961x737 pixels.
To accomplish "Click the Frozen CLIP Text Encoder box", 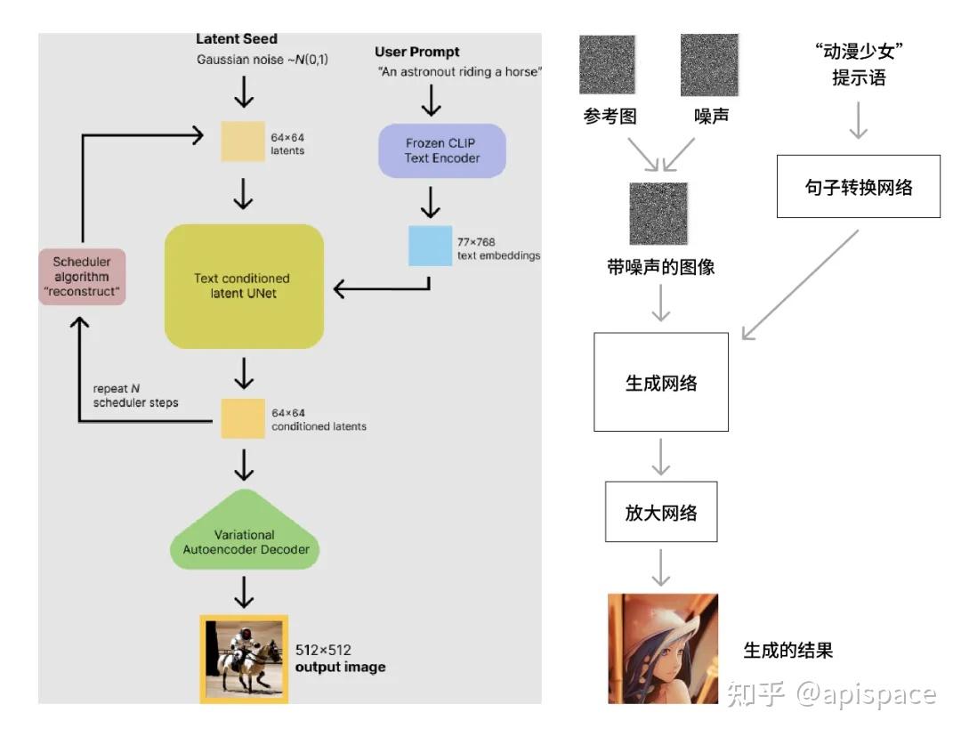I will [x=442, y=150].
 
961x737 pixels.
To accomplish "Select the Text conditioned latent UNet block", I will [x=243, y=286].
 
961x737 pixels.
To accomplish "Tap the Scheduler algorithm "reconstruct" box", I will [x=82, y=276].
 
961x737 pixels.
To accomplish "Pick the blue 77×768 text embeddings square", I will [x=431, y=246].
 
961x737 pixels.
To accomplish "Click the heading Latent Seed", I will [x=237, y=39].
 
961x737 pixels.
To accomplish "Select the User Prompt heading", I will [x=417, y=52].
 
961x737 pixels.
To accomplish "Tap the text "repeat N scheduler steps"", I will [x=135, y=396].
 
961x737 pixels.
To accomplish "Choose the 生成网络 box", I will [x=660, y=384].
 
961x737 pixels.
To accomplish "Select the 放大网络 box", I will [x=660, y=513].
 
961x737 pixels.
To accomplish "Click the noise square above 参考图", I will [x=607, y=65].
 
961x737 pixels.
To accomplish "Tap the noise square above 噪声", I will [x=709, y=64].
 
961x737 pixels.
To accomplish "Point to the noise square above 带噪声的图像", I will [x=658, y=213].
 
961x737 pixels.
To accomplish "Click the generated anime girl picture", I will [x=662, y=649].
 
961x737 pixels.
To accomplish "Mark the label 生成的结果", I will [x=787, y=650].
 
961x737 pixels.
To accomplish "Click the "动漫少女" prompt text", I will [x=858, y=53].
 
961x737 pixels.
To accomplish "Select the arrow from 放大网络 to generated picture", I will [x=660, y=567].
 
